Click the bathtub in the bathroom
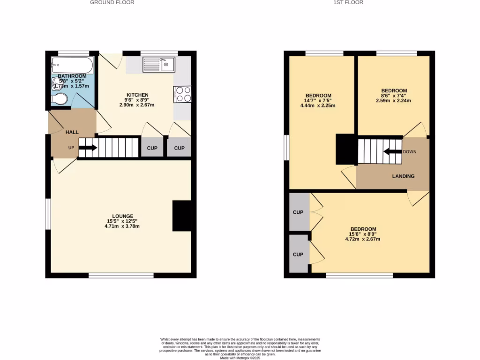72,66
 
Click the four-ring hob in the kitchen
182,94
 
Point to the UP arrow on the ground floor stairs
88,148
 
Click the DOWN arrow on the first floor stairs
391,151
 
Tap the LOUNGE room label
122,216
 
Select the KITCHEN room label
137,95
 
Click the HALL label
72,132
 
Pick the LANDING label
403,176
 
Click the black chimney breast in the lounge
182,216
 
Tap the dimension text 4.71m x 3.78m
122,226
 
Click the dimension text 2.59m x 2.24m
394,100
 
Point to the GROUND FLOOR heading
112,2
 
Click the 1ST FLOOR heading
348,2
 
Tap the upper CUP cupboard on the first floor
298,212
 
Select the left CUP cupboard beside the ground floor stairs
152,148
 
